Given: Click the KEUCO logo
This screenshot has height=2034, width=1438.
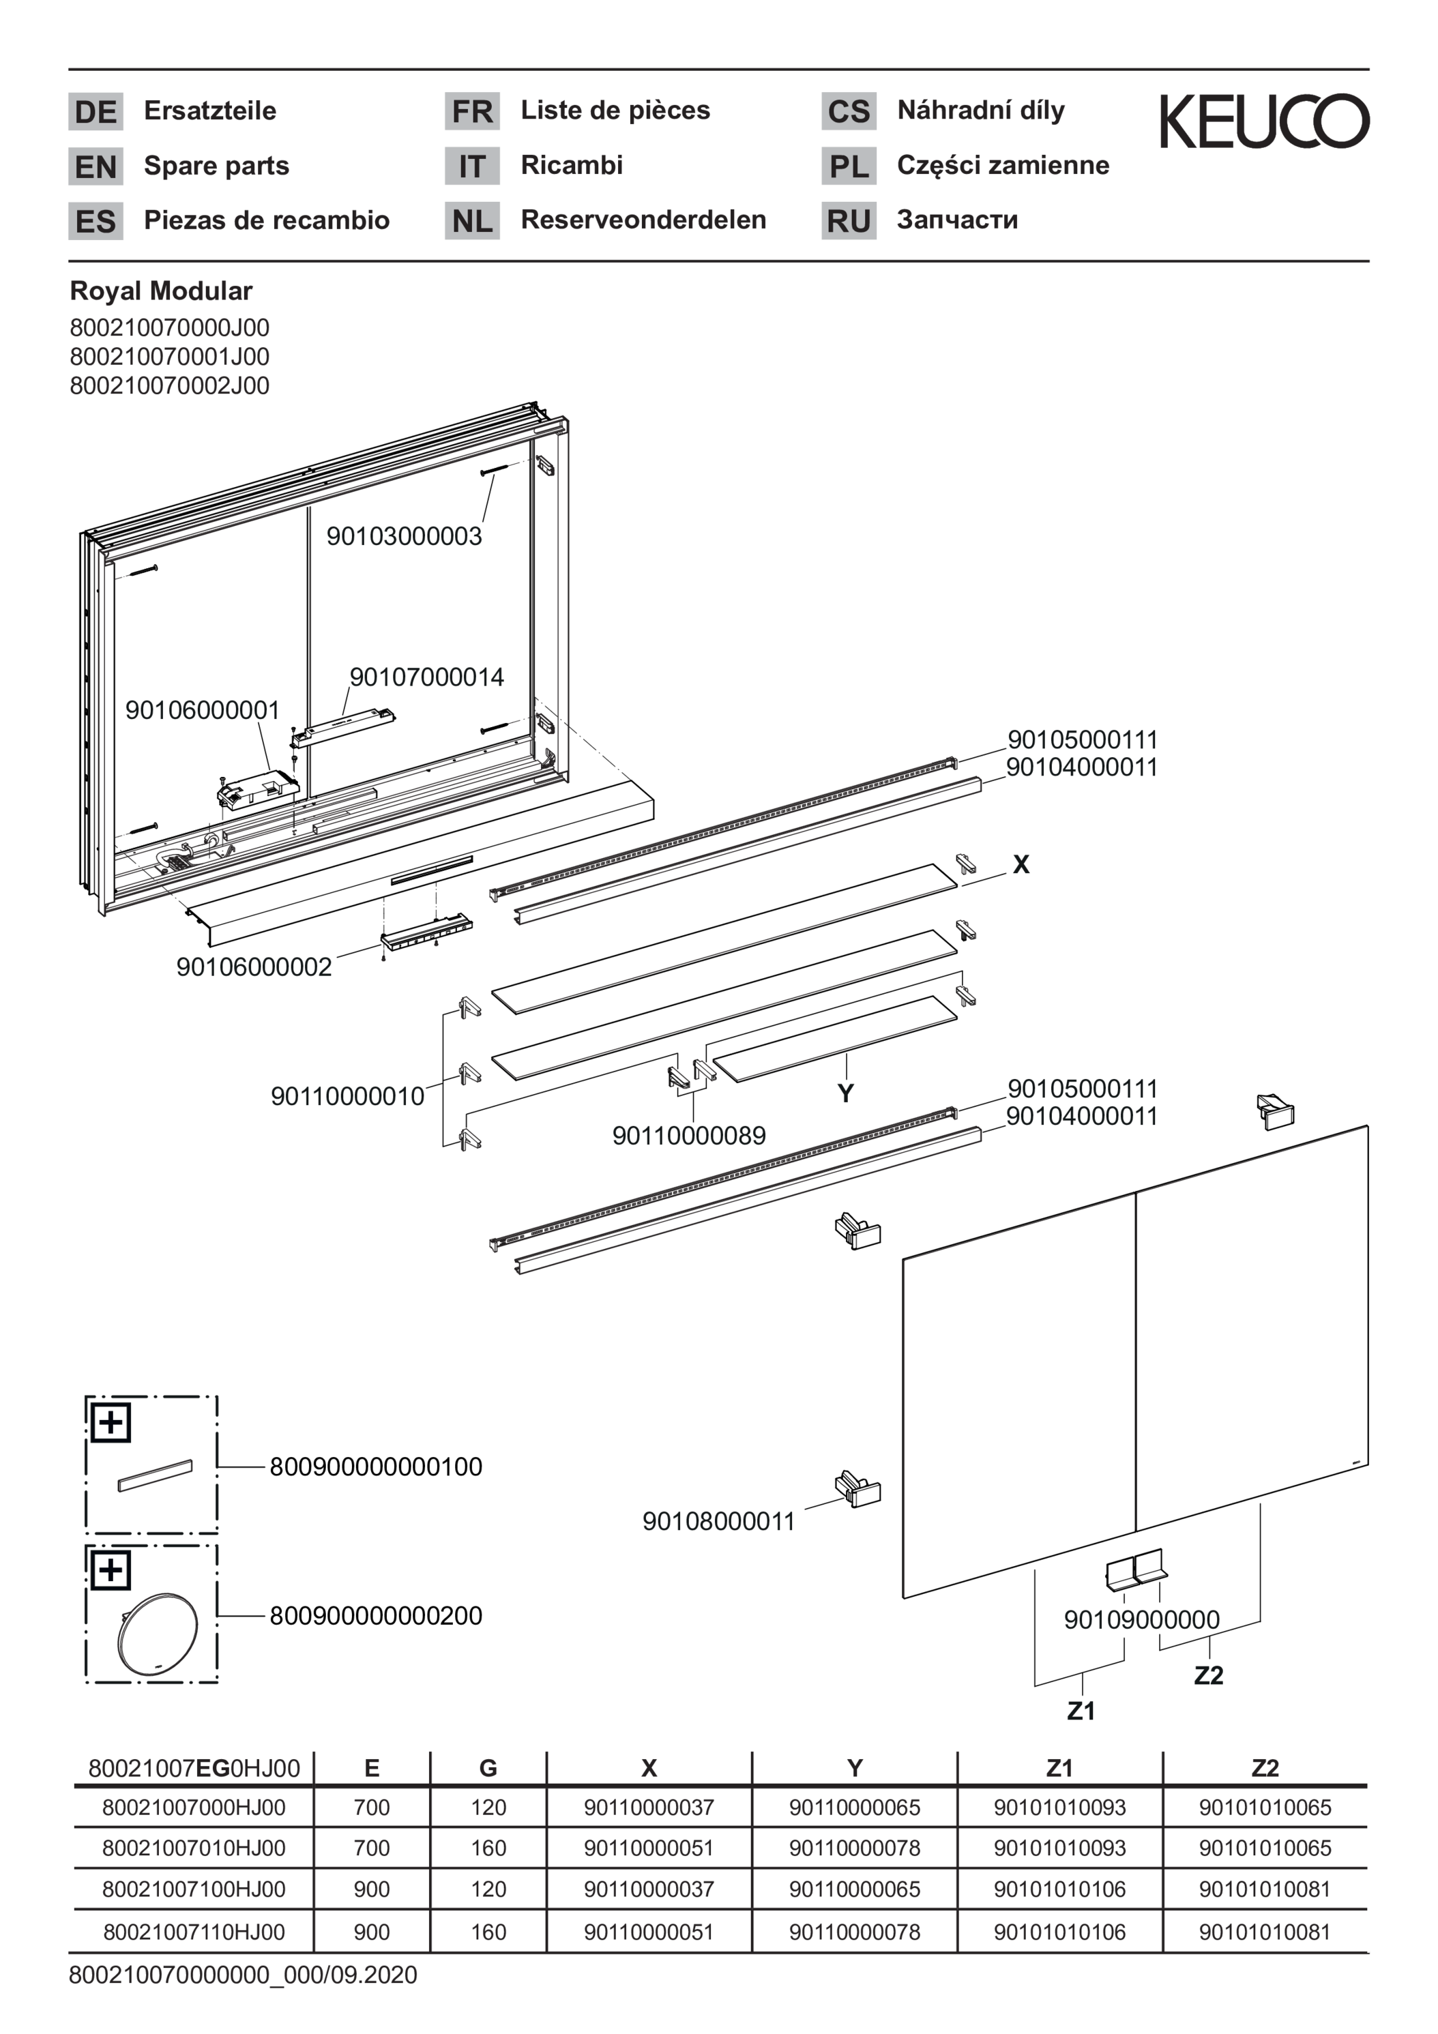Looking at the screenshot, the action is tap(1264, 121).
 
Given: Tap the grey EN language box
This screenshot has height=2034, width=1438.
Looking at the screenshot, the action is tap(96, 166).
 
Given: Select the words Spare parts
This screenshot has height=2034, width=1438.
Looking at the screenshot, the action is tap(216, 166).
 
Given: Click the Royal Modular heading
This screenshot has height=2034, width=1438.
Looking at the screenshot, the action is tap(161, 291).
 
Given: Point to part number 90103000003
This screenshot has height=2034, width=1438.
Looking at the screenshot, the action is tap(404, 536).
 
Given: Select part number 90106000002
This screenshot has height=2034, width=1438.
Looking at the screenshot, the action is tap(254, 967).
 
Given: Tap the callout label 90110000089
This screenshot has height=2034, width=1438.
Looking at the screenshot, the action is tap(688, 1135).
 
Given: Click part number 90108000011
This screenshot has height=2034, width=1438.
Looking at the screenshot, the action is tap(718, 1521).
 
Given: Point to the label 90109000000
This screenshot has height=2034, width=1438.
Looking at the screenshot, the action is tap(1141, 1619).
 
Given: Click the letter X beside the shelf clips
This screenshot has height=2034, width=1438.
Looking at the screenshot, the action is tap(1021, 865).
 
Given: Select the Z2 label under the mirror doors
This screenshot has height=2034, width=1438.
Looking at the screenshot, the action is tap(1209, 1675).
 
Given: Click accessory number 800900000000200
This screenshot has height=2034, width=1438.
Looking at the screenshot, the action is tap(376, 1616).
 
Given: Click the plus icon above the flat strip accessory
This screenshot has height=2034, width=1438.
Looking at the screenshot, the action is tap(111, 1423).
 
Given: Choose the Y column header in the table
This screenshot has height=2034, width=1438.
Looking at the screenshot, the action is tap(854, 1768).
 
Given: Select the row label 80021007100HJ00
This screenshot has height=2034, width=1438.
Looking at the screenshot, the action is tap(193, 1889).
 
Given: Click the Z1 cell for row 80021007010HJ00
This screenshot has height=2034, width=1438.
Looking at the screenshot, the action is tap(1059, 1848).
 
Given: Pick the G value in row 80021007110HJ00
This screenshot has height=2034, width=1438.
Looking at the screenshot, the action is tap(488, 1932).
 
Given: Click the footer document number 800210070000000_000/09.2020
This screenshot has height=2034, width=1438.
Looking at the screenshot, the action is tap(243, 1975).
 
